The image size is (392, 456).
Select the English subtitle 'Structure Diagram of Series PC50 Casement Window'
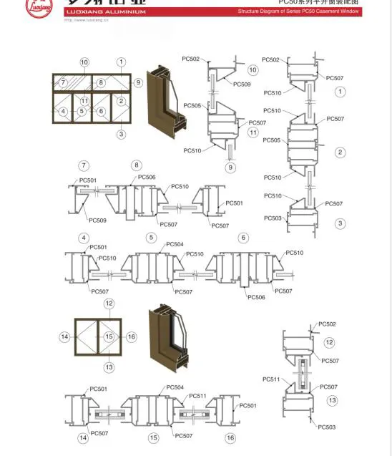click(298, 12)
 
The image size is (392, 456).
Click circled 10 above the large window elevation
click(84, 62)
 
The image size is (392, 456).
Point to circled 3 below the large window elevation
click(122, 134)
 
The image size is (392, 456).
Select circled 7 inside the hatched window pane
click(63, 83)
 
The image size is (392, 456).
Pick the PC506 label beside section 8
click(147, 177)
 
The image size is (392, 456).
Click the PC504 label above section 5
click(175, 244)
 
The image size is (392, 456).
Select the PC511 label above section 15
click(198, 396)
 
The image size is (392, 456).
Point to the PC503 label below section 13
click(327, 427)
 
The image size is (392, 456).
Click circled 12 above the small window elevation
click(109, 304)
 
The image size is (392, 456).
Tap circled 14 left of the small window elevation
click(65, 337)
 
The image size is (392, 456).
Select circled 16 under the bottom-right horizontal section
click(230, 438)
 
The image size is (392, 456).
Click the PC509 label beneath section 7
click(99, 220)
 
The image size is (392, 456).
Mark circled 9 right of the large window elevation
click(138, 83)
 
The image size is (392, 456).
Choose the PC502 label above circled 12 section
click(327, 324)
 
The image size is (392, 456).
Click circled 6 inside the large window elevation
click(101, 111)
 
